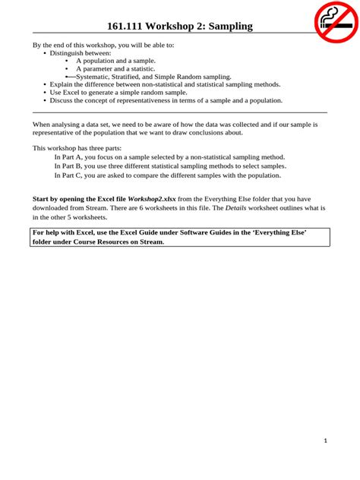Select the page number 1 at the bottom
(x=325, y=441)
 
